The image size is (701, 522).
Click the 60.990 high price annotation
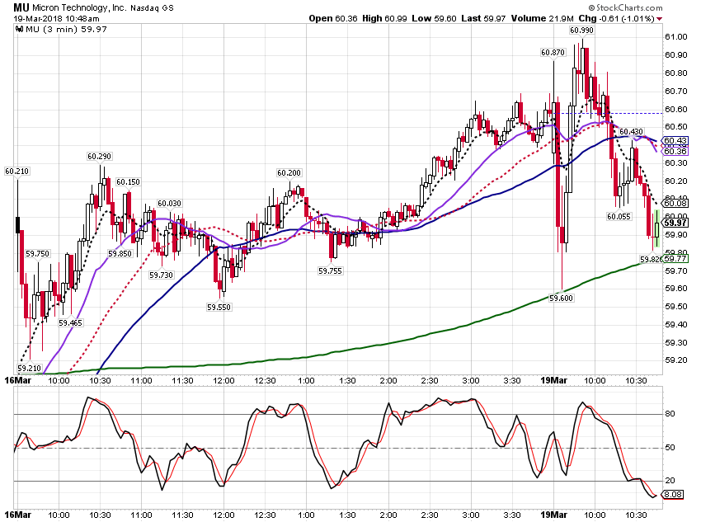pos(581,31)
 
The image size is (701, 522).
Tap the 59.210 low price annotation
pos(29,369)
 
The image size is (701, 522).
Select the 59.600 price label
pos(561,298)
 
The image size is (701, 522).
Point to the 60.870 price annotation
pos(553,53)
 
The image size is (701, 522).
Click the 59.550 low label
pos(219,308)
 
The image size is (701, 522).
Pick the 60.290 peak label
pos(99,157)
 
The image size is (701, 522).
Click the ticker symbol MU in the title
pos(21,7)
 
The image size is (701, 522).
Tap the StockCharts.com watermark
pos(626,7)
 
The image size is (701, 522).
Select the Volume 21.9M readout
pos(543,19)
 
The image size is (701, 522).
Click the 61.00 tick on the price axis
pos(676,37)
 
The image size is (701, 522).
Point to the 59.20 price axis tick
pos(676,360)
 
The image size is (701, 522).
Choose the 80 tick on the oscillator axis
pos(670,414)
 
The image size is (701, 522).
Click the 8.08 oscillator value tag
pos(673,494)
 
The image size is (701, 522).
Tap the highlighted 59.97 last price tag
pos(675,223)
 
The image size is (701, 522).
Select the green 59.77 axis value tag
pos(675,259)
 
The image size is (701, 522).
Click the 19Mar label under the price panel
pos(553,380)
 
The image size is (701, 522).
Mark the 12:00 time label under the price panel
pos(223,381)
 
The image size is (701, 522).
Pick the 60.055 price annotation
pos(619,217)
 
